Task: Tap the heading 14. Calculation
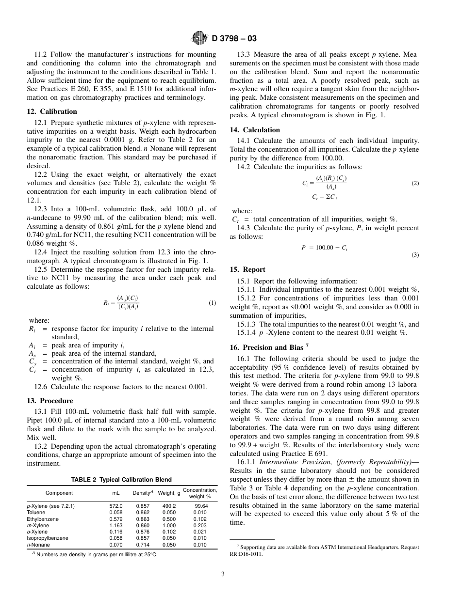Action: (255, 130)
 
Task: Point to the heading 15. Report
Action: (247, 269)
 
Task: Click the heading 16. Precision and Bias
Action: (266, 347)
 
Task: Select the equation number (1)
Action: (212, 303)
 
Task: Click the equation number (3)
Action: (415, 255)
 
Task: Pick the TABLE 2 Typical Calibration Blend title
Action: (121, 480)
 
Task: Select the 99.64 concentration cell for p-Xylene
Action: (201, 506)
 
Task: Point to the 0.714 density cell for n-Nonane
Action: (142, 545)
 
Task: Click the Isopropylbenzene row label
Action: (47, 538)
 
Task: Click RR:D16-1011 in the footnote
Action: (246, 554)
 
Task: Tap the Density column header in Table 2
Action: (143, 493)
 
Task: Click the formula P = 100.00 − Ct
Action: (324, 248)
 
